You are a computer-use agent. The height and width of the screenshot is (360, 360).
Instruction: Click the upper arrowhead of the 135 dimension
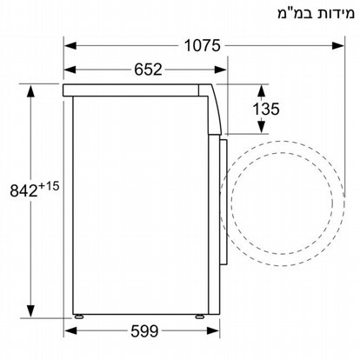click(262, 88)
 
